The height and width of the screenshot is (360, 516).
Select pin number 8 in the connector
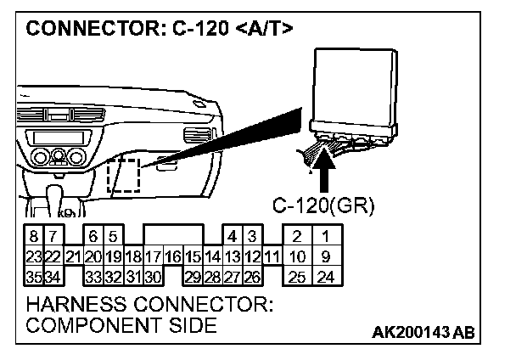pyautogui.click(x=32, y=238)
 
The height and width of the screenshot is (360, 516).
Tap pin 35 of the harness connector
pyautogui.click(x=32, y=275)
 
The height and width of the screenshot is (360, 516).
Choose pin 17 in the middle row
pyautogui.click(x=153, y=256)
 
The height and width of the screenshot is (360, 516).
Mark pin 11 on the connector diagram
pyautogui.click(x=271, y=256)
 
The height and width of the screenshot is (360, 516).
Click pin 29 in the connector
pyautogui.click(x=193, y=275)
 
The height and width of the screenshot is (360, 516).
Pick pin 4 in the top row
pyautogui.click(x=231, y=238)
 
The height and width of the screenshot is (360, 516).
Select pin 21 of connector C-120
pyautogui.click(x=72, y=256)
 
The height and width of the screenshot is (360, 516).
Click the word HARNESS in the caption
pyautogui.click(x=77, y=304)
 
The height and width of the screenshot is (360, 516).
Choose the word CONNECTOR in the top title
pyautogui.click(x=88, y=29)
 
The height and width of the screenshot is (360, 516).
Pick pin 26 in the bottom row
pyautogui.click(x=251, y=275)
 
